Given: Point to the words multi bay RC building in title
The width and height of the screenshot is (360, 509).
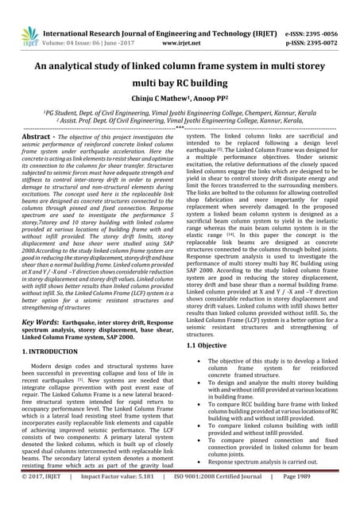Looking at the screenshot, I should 180,83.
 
